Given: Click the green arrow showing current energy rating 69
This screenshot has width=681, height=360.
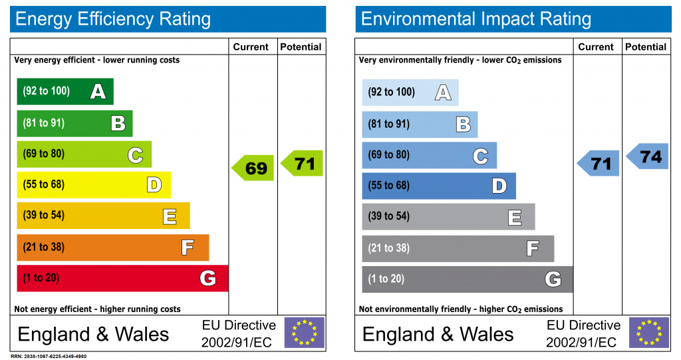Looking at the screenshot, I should (253, 168).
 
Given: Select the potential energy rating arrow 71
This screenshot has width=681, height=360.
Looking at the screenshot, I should (303, 163).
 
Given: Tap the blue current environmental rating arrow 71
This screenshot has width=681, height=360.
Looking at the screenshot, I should (599, 163).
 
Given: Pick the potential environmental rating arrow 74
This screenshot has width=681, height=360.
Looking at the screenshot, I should (648, 156).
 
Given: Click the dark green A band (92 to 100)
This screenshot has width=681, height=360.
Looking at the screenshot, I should (65, 92).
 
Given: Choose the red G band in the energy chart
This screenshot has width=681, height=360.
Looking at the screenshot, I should (122, 278).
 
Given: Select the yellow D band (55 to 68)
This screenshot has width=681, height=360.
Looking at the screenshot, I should (93, 185).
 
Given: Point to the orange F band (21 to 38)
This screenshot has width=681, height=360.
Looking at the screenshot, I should (112, 248).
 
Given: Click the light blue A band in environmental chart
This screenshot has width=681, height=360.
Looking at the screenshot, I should (410, 92).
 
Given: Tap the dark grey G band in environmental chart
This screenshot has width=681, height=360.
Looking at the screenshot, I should (467, 279).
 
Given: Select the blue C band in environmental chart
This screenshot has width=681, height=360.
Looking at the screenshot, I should (429, 155).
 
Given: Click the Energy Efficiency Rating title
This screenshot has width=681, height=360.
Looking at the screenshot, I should (113, 19).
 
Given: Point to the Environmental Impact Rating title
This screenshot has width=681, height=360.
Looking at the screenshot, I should (476, 19).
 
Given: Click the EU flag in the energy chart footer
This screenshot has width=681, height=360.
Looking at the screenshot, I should (305, 332).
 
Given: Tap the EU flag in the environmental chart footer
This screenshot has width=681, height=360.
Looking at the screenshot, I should (649, 332).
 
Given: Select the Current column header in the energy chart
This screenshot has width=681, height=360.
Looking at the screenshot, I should (251, 47).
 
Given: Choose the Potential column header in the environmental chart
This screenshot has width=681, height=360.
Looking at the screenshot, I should (646, 47).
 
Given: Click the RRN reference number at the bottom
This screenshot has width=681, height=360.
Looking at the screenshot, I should (49, 357).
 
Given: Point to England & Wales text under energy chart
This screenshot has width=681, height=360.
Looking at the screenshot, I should (93, 333).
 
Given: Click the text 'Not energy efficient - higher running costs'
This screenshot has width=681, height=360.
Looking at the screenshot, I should (97, 309).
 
